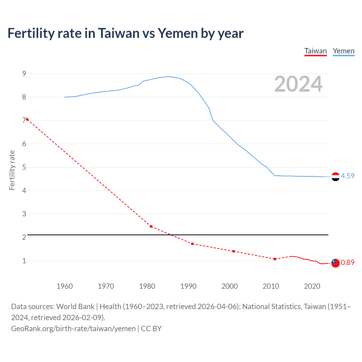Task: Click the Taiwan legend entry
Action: (315, 51)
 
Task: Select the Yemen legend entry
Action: (343, 51)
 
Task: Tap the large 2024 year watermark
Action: (298, 84)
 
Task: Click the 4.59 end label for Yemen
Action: (348, 176)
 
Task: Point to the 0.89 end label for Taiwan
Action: (348, 262)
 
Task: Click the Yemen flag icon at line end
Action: (335, 177)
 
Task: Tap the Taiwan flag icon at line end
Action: (335, 263)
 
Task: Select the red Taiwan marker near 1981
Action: (151, 227)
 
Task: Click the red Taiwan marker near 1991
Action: (192, 244)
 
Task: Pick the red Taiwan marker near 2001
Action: (233, 251)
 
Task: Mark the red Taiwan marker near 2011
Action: (275, 259)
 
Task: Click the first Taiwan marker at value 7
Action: (27, 119)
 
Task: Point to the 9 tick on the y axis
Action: (24, 74)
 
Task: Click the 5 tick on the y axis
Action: (24, 167)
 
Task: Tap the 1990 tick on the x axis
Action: (188, 286)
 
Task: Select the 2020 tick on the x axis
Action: (312, 286)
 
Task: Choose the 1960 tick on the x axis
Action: (65, 286)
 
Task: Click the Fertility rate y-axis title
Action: (12, 170)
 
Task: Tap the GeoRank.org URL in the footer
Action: (73, 329)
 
